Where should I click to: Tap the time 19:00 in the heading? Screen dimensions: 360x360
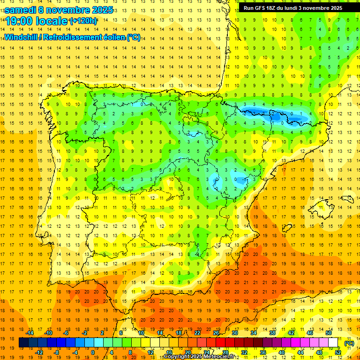tap(20, 21)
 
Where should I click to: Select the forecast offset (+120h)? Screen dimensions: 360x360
tap(83, 21)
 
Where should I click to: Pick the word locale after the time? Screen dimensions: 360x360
tap(52, 21)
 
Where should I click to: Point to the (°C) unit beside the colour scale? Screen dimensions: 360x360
tap(349, 344)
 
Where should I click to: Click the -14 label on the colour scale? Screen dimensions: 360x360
tap(30, 332)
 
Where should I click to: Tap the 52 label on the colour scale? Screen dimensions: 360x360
tap(338, 352)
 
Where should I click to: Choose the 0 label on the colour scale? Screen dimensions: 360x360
tap(93, 352)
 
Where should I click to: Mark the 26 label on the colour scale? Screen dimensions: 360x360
tap(216, 332)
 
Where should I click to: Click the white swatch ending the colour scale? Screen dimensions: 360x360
tap(333, 343)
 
